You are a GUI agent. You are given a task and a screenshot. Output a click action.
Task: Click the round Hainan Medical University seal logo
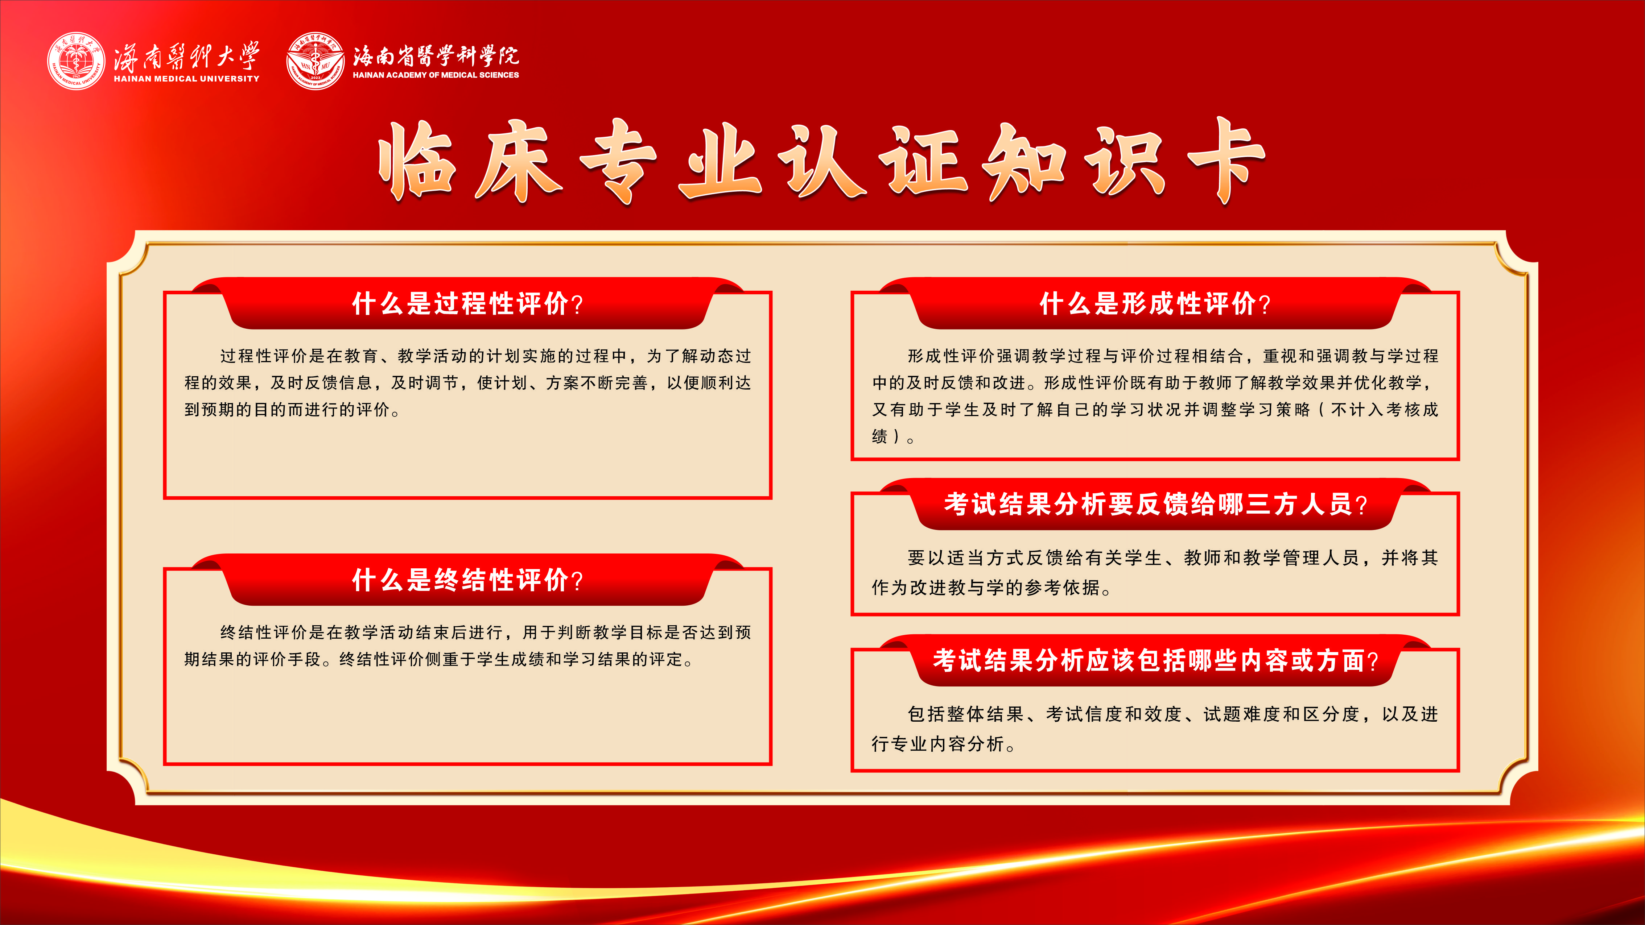(x=76, y=61)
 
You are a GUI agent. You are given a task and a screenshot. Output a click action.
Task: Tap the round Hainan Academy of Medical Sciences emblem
(x=316, y=61)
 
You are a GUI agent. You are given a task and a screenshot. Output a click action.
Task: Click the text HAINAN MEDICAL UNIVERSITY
(x=186, y=79)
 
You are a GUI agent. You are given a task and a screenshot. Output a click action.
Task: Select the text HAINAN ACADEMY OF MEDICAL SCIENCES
(x=436, y=75)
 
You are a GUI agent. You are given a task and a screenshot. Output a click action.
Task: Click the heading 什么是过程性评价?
(x=467, y=304)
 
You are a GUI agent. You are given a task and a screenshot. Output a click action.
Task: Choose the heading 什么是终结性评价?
(x=467, y=580)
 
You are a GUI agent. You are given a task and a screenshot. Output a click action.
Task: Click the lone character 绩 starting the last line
(x=880, y=437)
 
